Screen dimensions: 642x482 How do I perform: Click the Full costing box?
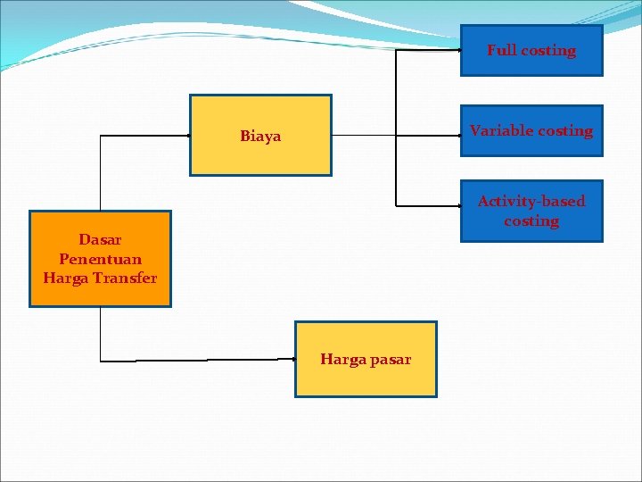(531, 50)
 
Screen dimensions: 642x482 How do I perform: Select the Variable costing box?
(531, 130)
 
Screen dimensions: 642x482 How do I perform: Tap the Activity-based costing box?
(531, 211)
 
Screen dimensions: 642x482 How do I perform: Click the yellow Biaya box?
(260, 135)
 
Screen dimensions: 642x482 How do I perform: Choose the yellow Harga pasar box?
(366, 359)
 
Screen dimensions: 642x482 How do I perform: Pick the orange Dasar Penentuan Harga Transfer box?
(100, 259)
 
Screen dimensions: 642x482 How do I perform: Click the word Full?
(502, 51)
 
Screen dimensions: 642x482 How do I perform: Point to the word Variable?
(499, 130)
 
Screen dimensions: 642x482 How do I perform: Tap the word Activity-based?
(531, 202)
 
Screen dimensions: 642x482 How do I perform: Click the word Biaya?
(260, 137)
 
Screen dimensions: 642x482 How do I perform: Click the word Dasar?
(100, 239)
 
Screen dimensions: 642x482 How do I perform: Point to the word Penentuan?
(100, 259)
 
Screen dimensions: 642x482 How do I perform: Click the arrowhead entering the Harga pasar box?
(292, 359)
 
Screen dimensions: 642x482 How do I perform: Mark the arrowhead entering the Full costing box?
(457, 50)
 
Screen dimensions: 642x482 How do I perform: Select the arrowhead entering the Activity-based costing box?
(457, 205)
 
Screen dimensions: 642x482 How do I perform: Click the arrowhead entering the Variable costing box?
(457, 136)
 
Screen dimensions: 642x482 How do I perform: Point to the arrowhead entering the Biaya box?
(187, 135)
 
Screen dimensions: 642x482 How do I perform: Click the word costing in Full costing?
(548, 51)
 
